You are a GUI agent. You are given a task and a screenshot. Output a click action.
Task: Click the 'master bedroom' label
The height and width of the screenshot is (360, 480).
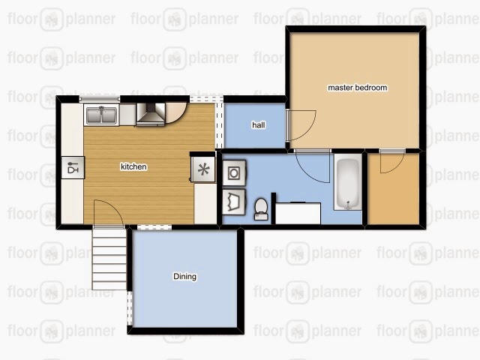[x=357, y=88]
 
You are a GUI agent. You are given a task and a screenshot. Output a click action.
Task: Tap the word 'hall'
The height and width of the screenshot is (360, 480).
[x=258, y=125]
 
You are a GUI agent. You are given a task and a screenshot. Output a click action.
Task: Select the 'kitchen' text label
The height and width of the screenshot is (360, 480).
[x=133, y=166]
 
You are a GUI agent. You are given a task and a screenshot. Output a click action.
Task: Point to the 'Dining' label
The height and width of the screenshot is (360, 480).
[x=185, y=277]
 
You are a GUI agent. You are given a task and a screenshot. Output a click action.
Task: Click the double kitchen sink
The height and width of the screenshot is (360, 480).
[x=101, y=115]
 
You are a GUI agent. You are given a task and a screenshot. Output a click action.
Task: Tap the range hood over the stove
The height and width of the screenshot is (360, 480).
[x=151, y=114]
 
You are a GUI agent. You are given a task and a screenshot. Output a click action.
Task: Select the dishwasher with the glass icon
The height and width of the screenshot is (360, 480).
[x=73, y=167]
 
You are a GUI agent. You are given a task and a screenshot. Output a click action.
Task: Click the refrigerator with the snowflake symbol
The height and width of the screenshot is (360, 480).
[x=203, y=169]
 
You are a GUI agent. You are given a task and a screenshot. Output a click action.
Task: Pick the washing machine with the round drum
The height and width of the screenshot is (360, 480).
[x=234, y=173]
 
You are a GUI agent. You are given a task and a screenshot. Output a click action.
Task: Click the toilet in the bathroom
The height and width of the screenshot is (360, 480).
[x=261, y=209]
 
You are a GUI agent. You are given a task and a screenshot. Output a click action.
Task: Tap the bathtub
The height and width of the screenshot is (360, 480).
[x=348, y=181]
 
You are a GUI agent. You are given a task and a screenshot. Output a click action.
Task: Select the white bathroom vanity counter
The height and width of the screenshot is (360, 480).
[x=298, y=213]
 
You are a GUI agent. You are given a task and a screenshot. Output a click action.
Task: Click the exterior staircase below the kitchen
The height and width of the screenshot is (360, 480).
[x=109, y=259]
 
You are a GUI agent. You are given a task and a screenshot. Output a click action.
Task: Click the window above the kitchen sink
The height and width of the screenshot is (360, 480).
[x=100, y=98]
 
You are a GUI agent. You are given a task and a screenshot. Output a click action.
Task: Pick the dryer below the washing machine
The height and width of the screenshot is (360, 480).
[x=234, y=202]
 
